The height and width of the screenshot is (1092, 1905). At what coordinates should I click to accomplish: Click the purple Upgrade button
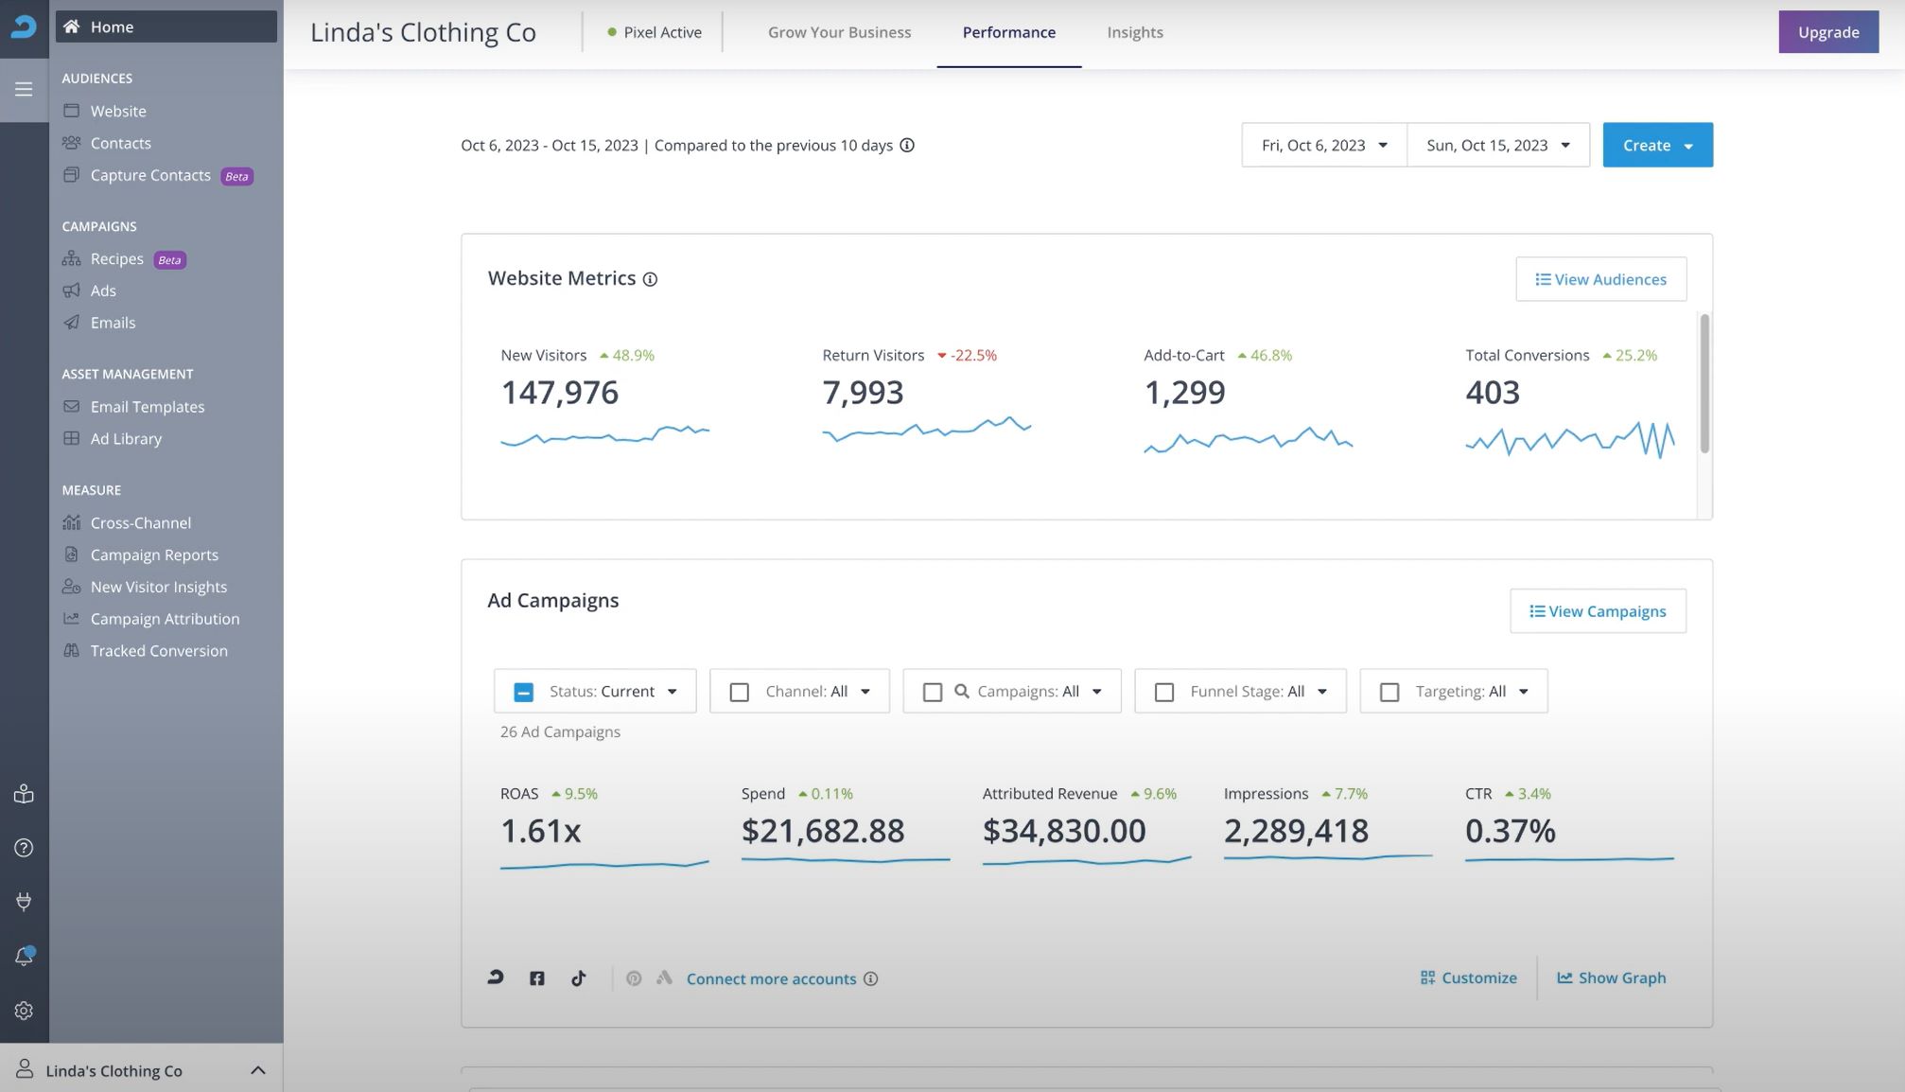pos(1827,32)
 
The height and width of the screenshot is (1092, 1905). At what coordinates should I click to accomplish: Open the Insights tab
pos(1134,32)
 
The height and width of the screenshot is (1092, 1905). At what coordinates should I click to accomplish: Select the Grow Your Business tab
pos(839,32)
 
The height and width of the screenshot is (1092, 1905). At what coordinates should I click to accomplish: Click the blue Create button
pos(1656,145)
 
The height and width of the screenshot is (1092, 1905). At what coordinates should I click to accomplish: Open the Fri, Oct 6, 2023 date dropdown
pos(1323,145)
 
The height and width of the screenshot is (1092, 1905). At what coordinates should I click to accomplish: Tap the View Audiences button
pos(1600,279)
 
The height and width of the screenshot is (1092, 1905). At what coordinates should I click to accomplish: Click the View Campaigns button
pos(1598,611)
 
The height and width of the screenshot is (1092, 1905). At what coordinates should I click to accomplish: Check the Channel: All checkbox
pos(740,693)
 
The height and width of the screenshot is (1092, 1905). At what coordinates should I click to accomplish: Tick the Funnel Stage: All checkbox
pos(1164,693)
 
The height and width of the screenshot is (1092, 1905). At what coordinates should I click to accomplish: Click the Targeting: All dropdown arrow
pos(1523,692)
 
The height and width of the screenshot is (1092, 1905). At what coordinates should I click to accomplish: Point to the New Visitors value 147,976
pos(559,393)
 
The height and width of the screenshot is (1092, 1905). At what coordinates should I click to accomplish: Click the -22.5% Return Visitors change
pos(968,356)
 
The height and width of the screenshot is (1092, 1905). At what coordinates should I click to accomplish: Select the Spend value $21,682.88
pos(823,831)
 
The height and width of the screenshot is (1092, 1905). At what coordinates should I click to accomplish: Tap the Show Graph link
pos(1612,978)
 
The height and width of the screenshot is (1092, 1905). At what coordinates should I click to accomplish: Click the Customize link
pos(1469,978)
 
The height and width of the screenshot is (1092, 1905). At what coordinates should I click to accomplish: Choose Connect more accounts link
pos(771,979)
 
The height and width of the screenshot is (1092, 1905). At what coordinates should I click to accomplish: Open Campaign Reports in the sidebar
pos(153,555)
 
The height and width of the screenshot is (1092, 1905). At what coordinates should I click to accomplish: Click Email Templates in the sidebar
pos(147,407)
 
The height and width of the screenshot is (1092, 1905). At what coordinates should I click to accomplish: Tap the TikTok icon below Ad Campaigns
pos(579,978)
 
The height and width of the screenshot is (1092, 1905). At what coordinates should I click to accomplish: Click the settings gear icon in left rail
pos(24,1011)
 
